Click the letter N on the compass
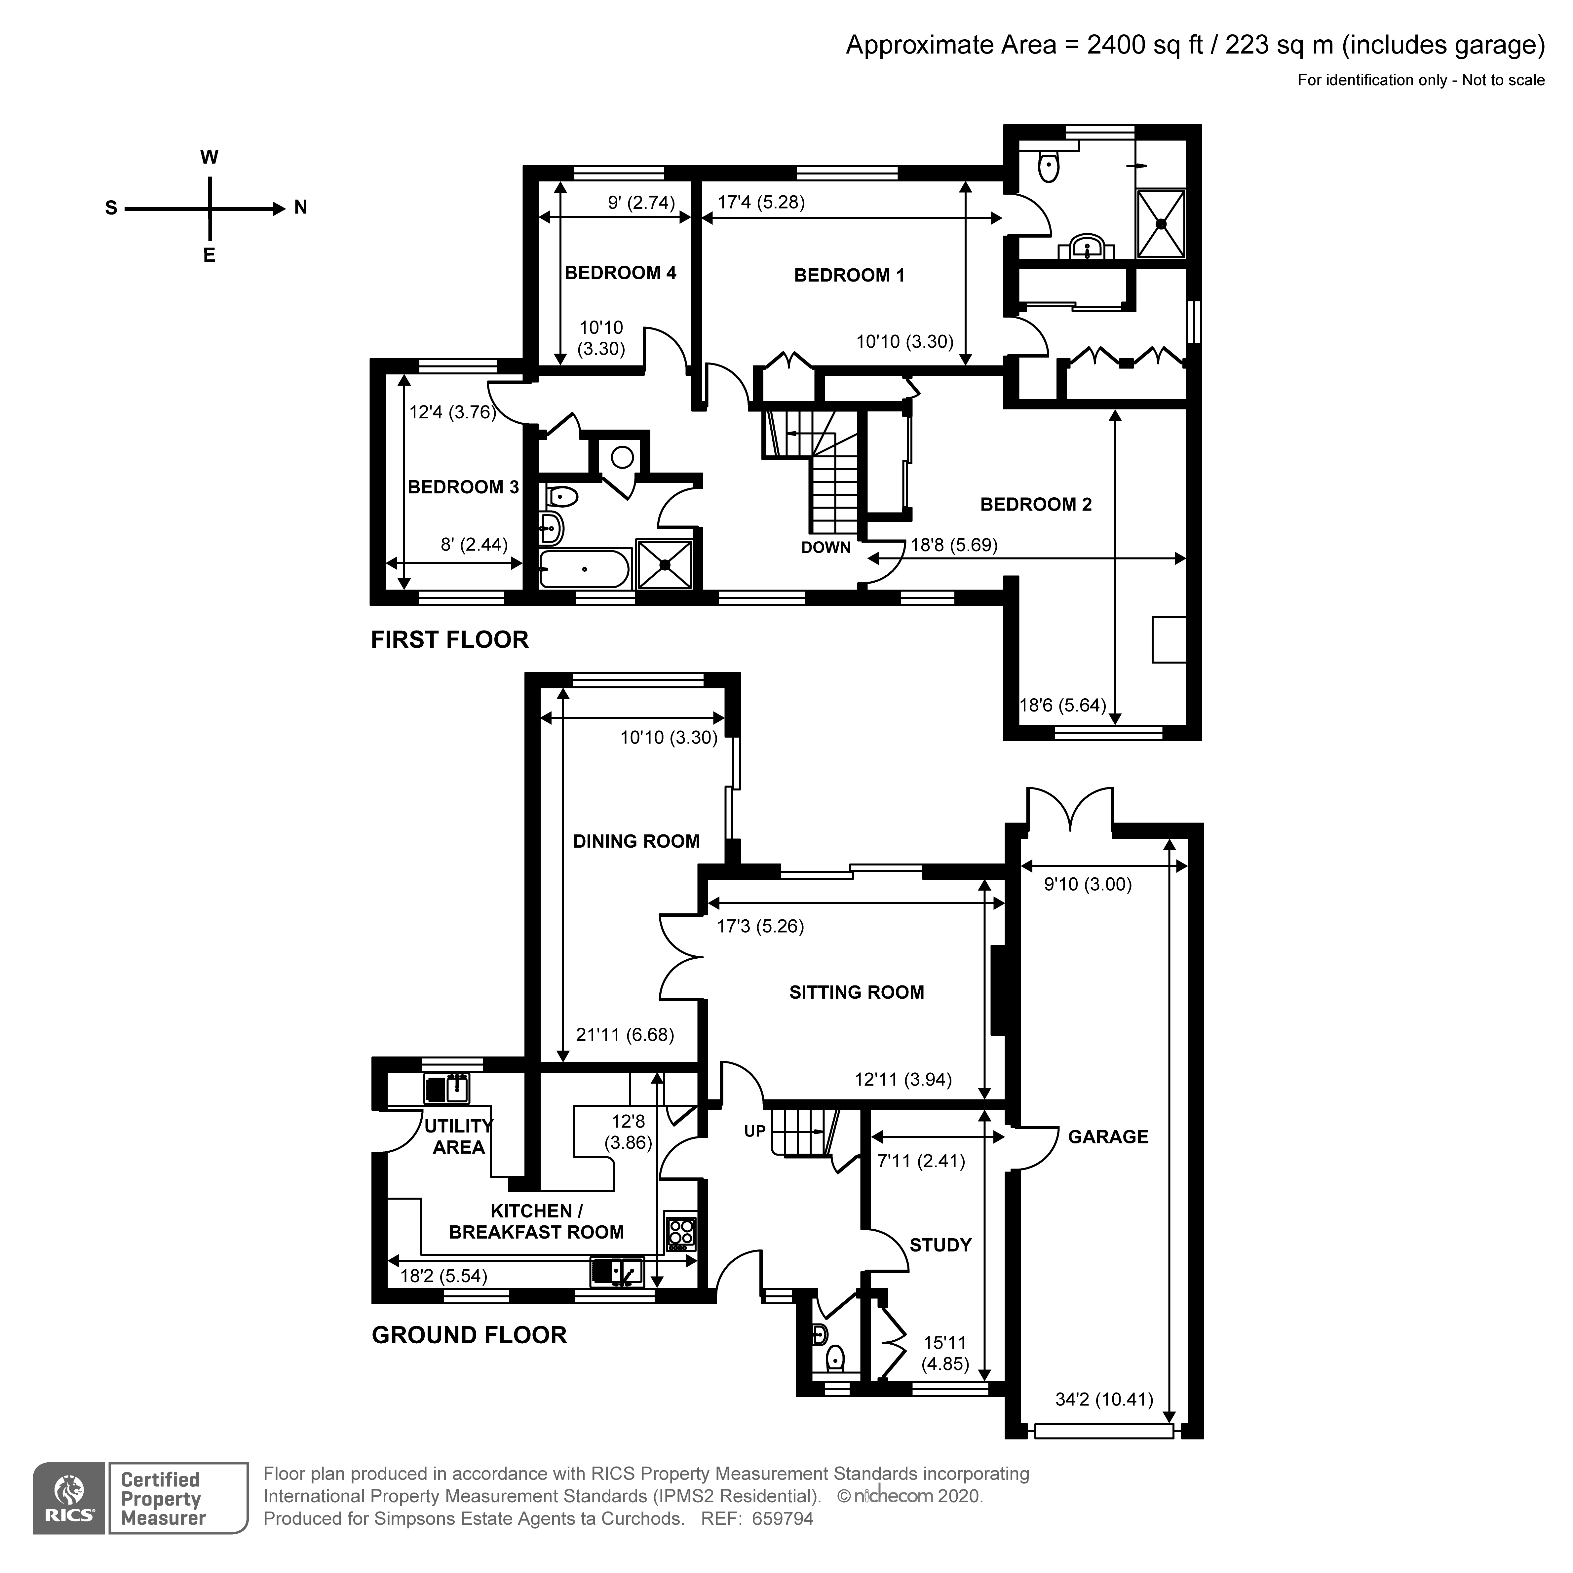click(x=300, y=208)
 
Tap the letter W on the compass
click(x=209, y=157)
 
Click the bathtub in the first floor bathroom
click(x=584, y=568)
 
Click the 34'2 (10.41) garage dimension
click(x=1104, y=1400)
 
